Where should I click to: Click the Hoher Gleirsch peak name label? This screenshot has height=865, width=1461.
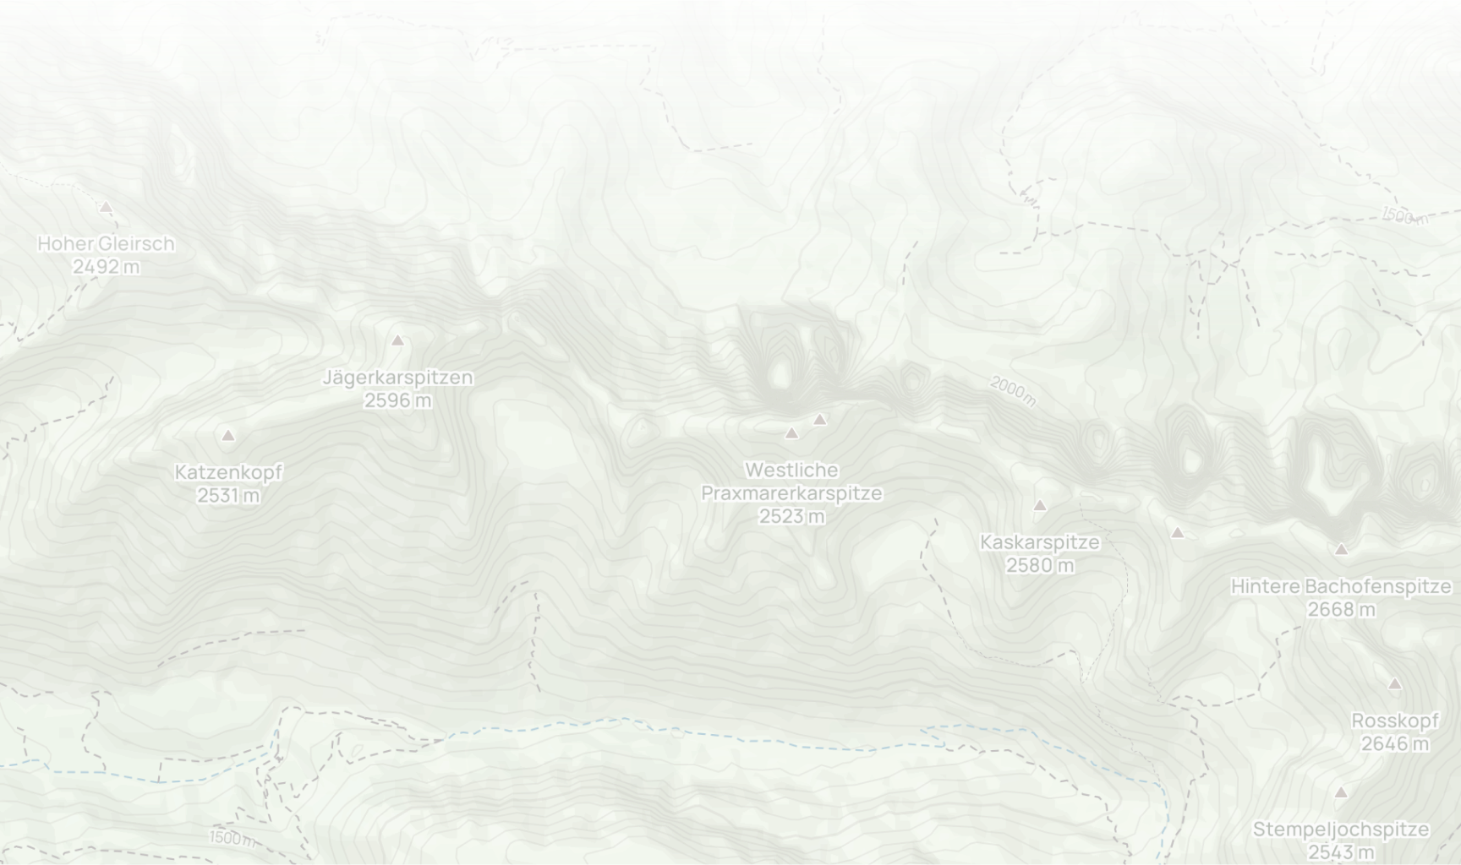point(106,243)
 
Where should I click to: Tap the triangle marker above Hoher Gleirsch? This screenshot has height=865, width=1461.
point(106,207)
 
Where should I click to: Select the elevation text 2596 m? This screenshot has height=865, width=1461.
point(397,400)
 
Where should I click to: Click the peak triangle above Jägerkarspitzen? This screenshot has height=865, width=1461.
point(397,340)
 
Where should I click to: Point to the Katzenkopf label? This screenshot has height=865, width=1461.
point(228,472)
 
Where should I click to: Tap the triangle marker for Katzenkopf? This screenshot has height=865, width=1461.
point(227,436)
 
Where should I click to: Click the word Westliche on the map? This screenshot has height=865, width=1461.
point(791,470)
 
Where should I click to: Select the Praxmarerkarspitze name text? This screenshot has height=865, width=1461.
point(791,492)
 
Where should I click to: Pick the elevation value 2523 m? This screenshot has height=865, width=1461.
point(791,515)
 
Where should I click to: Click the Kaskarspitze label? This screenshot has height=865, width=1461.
point(1040,542)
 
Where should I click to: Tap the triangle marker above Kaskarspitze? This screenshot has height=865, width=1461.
point(1040,506)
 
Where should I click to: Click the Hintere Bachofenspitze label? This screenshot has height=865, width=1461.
point(1341,586)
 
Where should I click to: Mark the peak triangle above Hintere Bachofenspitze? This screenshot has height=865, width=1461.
point(1341,550)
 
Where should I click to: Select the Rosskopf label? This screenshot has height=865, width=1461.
point(1395,721)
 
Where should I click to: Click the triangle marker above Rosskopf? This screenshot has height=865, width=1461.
point(1395,684)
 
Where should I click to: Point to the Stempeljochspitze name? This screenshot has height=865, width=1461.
point(1341,830)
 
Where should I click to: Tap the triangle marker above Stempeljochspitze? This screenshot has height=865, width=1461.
point(1341,793)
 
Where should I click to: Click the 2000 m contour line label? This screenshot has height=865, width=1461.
point(1012,391)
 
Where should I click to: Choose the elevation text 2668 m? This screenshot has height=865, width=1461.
point(1341,609)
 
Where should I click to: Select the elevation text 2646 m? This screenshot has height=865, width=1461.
point(1395,743)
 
